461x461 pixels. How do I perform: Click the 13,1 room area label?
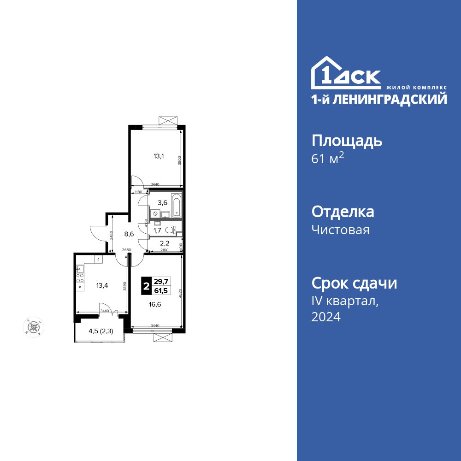[x=158, y=156]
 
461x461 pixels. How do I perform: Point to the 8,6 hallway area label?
[x=129, y=234]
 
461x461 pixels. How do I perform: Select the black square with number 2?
[x=146, y=286]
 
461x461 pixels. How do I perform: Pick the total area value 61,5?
[x=161, y=291]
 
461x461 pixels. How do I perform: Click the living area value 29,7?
[x=161, y=282]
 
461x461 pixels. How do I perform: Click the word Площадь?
[x=347, y=140]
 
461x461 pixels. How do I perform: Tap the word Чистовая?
[x=340, y=230]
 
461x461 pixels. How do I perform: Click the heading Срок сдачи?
[x=354, y=283]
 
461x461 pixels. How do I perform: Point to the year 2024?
[x=326, y=317]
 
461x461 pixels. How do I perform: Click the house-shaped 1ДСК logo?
[x=346, y=74]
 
